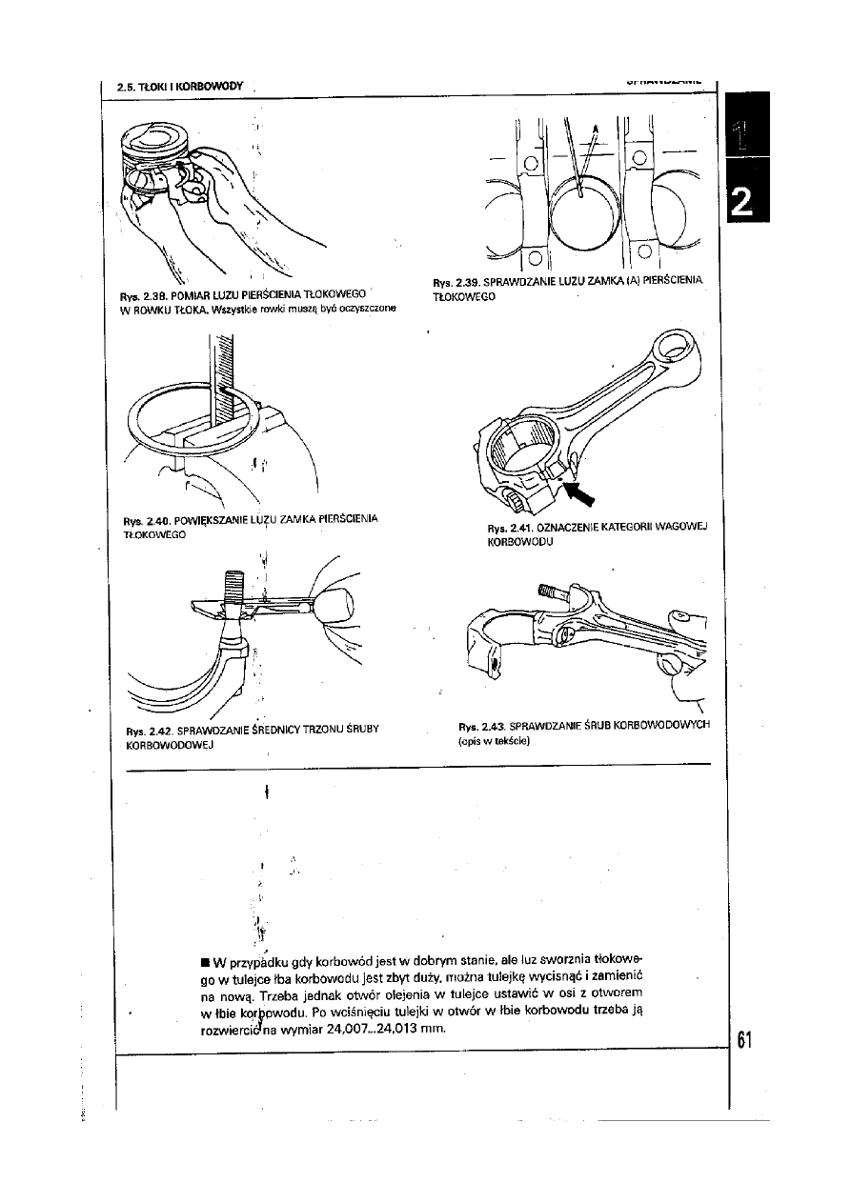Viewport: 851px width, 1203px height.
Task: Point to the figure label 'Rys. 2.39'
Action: [455, 283]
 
